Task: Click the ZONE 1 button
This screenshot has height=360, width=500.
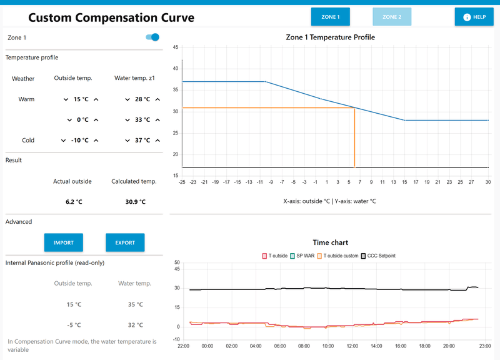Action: click(x=330, y=17)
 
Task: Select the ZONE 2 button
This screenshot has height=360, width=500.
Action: click(x=392, y=17)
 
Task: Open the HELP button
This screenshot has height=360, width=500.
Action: click(x=474, y=17)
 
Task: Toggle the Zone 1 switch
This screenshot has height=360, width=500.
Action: click(x=152, y=37)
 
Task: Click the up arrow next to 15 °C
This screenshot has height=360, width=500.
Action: click(x=96, y=99)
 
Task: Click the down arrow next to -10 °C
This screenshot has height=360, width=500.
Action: click(x=64, y=141)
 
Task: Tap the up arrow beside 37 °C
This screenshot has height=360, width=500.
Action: click(x=157, y=141)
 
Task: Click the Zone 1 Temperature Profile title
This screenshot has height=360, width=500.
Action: click(x=330, y=37)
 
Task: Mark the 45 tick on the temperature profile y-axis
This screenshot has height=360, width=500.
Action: click(x=176, y=47)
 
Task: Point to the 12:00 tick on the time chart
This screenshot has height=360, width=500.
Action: click(x=352, y=346)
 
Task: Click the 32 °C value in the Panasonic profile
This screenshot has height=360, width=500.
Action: click(x=134, y=325)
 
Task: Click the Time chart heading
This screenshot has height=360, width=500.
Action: click(x=330, y=242)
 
